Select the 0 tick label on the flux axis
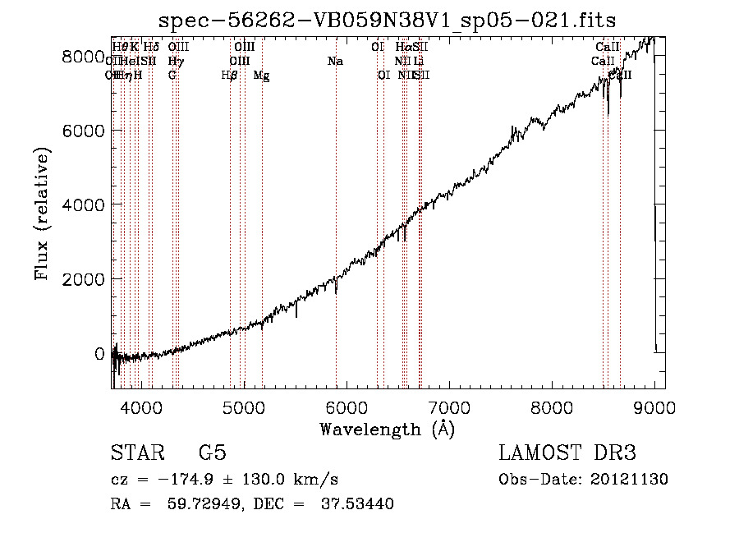point(99,354)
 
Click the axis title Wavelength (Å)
point(388,429)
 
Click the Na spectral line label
point(335,62)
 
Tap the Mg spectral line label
point(261,76)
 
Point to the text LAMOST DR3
point(567,453)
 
